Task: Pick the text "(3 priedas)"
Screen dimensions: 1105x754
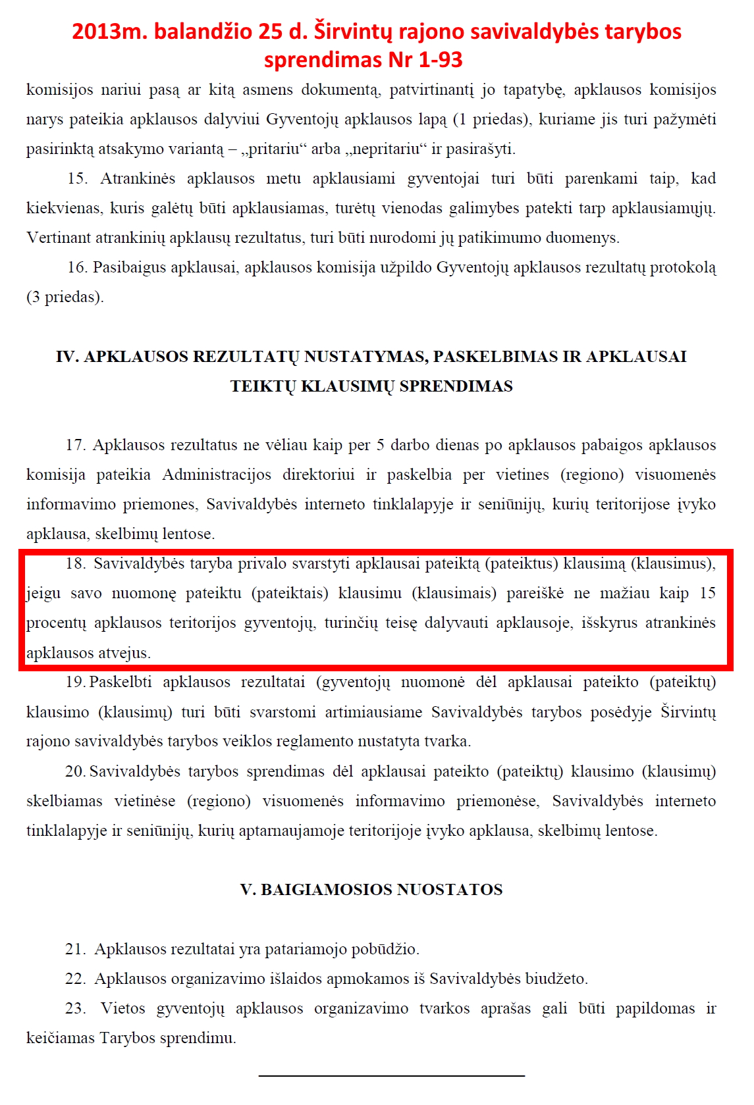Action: pos(65,297)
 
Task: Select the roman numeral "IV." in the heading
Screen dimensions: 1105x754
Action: pos(68,356)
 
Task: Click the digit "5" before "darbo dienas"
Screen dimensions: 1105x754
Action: pos(380,445)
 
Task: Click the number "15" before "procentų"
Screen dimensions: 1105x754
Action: pos(707,593)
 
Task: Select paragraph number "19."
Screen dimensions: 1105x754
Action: pos(75,682)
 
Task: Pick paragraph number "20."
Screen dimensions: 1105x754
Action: pos(75,771)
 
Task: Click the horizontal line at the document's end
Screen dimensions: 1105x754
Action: pos(391,1075)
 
